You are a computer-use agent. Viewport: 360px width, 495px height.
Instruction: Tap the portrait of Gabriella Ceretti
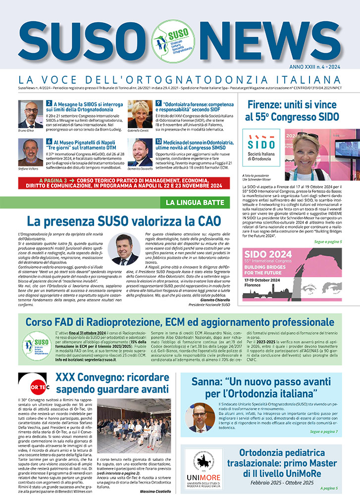tap(140, 114)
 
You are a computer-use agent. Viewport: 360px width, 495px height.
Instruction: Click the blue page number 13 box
tap(158, 142)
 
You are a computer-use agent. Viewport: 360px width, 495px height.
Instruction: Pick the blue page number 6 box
tap(50, 142)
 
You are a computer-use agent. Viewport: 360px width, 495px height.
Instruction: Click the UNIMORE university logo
tap(204, 469)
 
